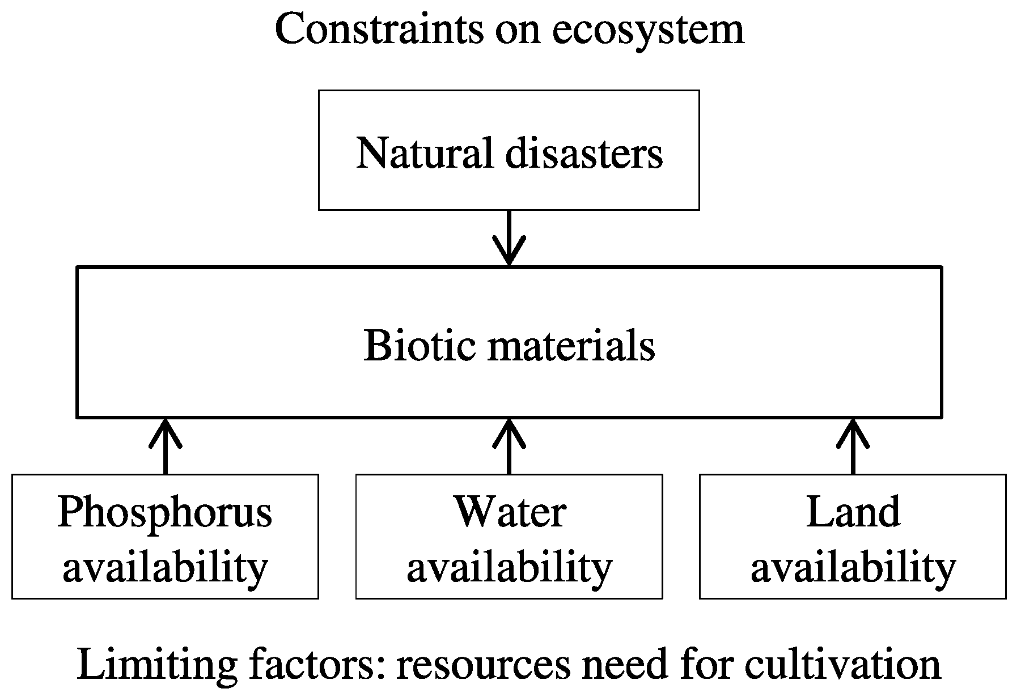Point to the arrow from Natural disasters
509,238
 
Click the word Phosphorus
165,513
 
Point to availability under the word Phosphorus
165,567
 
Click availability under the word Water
509,567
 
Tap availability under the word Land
853,567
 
